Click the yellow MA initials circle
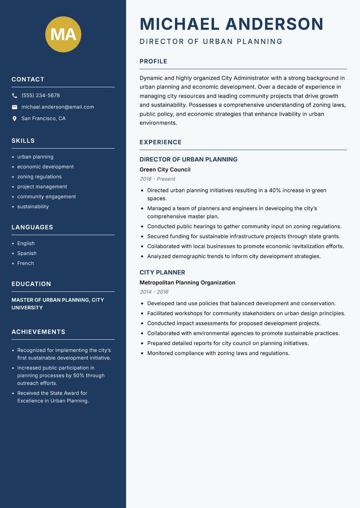pos(63,34)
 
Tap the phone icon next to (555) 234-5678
pos(14,96)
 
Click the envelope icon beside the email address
pos(14,107)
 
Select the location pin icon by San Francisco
pos(14,119)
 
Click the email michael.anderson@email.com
pos(58,107)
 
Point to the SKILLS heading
pos(23,141)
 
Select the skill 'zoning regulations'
pos(39,177)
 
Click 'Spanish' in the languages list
pos(27,253)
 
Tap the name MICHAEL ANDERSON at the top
pos(232,24)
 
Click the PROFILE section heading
pos(153,62)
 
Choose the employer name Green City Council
pos(165,169)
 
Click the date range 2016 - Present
pos(157,179)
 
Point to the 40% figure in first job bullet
pos(275,191)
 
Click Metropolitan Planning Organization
pos(187,283)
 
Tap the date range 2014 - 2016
pos(154,292)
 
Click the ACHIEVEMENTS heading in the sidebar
pos(38,332)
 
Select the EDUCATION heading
pos(31,284)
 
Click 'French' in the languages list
pos(25,263)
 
